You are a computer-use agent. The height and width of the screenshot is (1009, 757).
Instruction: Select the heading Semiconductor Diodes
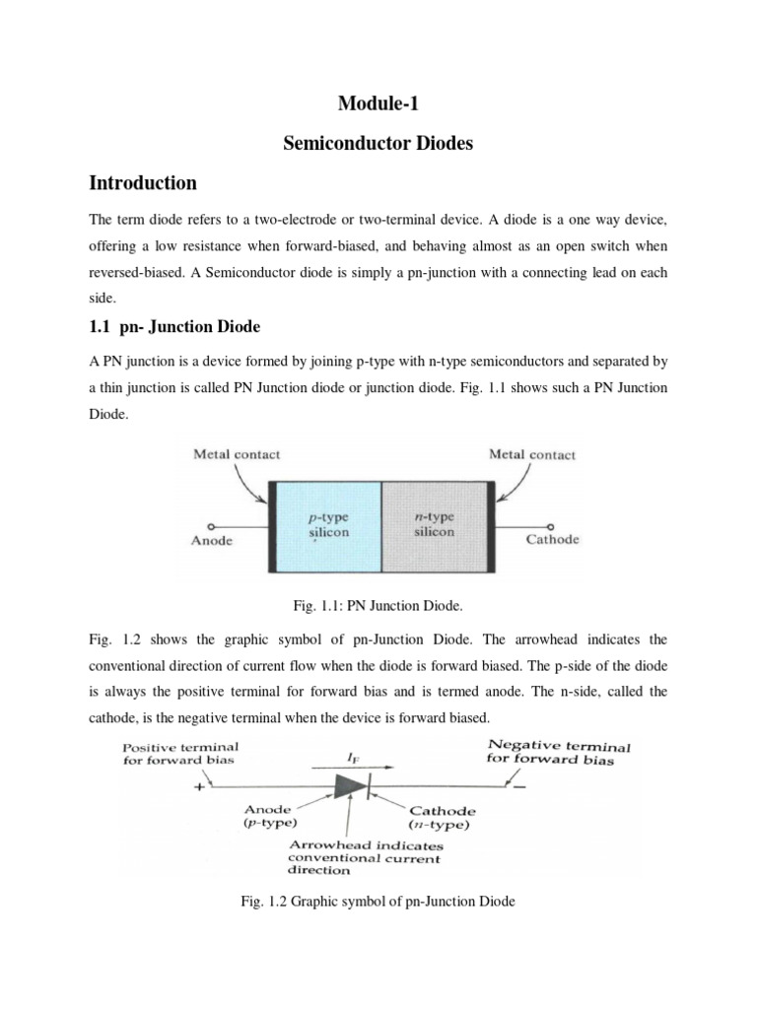pos(378,144)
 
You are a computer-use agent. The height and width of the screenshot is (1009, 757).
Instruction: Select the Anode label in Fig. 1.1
pos(213,541)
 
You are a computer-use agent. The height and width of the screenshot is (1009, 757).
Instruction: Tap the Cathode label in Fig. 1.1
pos(552,539)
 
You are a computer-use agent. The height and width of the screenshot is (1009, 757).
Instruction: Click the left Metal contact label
pos(237,454)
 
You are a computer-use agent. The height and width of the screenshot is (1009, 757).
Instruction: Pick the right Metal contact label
pos(532,454)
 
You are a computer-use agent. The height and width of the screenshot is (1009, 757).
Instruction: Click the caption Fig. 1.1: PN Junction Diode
pos(378,610)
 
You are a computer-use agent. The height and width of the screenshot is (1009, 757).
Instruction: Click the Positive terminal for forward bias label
pos(180,753)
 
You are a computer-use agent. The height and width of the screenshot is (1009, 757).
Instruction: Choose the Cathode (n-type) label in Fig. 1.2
pos(442,818)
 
